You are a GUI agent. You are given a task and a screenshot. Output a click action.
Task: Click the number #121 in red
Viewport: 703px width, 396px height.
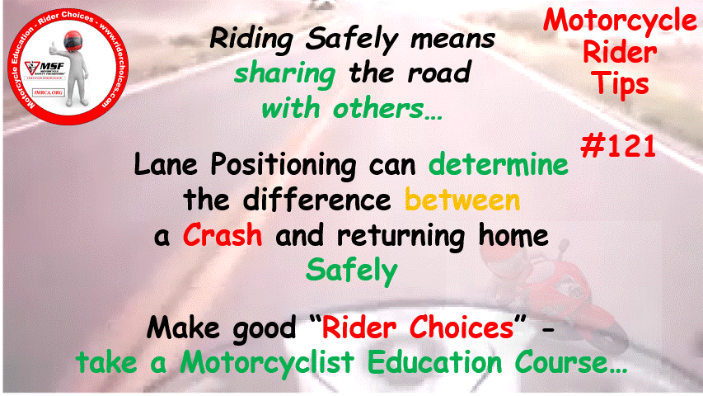pos(618,147)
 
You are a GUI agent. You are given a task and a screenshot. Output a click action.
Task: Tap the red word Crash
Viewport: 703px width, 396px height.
pos(223,235)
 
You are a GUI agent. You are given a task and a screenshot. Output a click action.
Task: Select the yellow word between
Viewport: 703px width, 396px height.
pos(462,200)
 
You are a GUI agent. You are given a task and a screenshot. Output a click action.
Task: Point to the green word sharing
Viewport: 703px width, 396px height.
pos(284,74)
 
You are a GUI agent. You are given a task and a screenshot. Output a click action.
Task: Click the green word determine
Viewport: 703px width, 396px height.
pos(499,164)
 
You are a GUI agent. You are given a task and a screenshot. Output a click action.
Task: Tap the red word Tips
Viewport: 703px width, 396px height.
pos(620,84)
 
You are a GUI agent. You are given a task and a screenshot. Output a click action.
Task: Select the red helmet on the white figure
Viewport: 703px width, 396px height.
pos(73,41)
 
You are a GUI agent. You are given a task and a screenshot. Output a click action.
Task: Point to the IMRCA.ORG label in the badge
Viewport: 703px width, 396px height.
pos(48,92)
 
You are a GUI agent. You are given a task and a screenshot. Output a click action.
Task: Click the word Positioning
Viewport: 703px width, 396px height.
pos(284,165)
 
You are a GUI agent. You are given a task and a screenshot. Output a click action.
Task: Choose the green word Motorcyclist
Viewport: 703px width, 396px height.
pos(267,363)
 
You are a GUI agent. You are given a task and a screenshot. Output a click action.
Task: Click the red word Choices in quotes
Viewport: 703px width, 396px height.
pos(462,327)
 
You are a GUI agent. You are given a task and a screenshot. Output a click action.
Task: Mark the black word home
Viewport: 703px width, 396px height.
pos(513,235)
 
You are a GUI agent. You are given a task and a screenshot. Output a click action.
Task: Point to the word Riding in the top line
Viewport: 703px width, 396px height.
pos(251,40)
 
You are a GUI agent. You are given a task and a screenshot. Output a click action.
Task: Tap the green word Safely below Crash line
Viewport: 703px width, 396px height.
pos(352,271)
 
